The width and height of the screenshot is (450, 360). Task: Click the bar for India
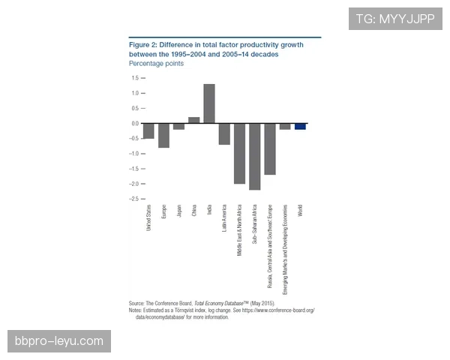click(208, 103)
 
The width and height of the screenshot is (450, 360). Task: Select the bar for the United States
click(148, 130)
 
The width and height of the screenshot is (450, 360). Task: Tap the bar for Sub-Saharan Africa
click(254, 156)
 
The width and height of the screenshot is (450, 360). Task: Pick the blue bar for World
click(300, 126)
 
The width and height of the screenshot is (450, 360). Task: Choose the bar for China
click(193, 120)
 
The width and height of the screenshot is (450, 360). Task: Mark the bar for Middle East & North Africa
click(239, 153)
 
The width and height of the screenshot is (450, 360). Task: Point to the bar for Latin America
click(224, 133)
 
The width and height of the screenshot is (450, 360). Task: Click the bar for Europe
click(163, 135)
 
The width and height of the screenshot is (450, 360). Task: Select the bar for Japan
click(178, 126)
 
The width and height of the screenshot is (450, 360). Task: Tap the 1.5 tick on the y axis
click(135, 78)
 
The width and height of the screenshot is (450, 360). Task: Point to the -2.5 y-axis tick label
click(133, 199)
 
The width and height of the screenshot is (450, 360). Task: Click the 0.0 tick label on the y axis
click(135, 123)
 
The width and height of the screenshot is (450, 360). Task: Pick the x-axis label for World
click(300, 211)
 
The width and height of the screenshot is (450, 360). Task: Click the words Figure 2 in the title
click(143, 45)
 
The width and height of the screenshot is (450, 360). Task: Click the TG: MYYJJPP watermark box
click(395, 18)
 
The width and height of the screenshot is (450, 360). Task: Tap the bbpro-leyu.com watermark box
click(60, 341)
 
